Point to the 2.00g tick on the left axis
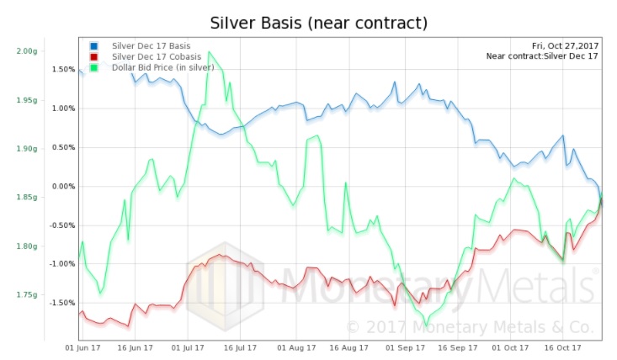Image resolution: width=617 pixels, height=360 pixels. point(26,50)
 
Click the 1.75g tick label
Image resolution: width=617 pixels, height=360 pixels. point(26,295)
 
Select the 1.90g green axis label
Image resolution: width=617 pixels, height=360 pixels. point(26,148)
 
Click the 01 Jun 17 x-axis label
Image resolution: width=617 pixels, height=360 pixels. point(83,346)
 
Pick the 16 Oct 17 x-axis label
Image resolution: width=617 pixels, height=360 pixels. point(556,346)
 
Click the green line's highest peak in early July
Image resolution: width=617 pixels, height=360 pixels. point(209,52)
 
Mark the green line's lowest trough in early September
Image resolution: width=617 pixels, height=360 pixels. point(426,325)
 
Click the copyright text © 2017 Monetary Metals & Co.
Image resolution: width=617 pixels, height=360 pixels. point(471,327)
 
